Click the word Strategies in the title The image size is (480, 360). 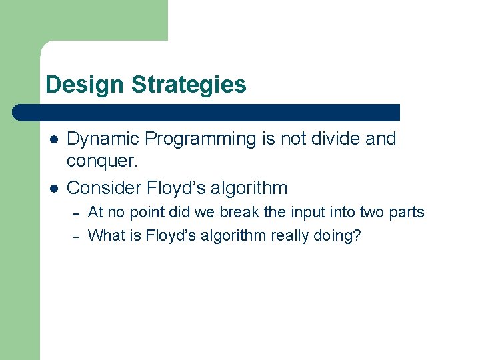tap(189, 85)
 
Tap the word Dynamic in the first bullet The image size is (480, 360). tap(103, 139)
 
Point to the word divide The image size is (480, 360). tap(328, 139)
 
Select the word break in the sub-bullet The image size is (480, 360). tap(257, 213)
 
